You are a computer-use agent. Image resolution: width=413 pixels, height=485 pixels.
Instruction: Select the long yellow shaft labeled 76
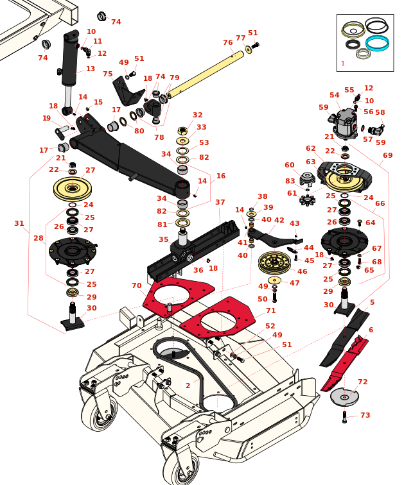coord(206,74)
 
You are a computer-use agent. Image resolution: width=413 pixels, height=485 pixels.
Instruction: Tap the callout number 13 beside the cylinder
coord(91,69)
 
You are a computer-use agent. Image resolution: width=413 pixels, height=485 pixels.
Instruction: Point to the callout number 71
coord(270,311)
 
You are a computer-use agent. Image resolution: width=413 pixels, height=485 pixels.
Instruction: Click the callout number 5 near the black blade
coord(372,302)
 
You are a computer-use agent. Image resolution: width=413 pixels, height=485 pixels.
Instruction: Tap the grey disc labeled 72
coord(344,397)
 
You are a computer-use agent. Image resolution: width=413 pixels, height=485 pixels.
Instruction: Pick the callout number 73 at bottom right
coord(365,415)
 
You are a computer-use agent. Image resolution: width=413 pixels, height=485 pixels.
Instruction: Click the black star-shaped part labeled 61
coord(307,200)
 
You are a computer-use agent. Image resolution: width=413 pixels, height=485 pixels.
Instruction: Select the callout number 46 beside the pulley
coord(302,271)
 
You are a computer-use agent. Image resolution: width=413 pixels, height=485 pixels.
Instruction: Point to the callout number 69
coord(387,155)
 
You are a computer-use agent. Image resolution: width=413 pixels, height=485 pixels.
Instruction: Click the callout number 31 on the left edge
coord(19,223)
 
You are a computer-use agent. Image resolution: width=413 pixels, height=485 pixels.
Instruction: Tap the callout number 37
coord(220,202)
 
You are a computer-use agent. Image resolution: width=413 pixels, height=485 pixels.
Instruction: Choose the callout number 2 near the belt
coord(188,386)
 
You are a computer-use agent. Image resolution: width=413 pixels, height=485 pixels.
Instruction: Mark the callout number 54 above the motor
coord(335,95)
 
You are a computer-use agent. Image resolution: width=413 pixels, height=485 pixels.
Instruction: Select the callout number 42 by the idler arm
coord(279,220)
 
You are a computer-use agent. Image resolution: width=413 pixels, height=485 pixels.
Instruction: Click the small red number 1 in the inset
coord(342,64)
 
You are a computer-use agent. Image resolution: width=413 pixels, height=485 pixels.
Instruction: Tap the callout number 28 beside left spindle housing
coord(39,238)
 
